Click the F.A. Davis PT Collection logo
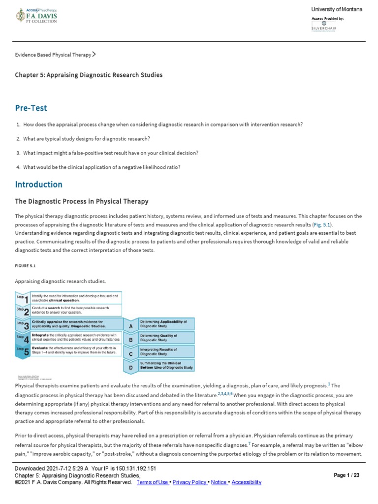tap(37, 16)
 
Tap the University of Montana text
tap(337, 10)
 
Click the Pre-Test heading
tap(31, 108)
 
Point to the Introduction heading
tap(39, 185)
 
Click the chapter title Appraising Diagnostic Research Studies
tap(89, 75)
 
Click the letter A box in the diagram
tap(130, 325)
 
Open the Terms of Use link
tap(153, 483)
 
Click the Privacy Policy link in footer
tap(190, 483)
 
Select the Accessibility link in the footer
tap(246, 483)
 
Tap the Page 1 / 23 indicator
tap(346, 475)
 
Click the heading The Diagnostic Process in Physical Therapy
tap(82, 201)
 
